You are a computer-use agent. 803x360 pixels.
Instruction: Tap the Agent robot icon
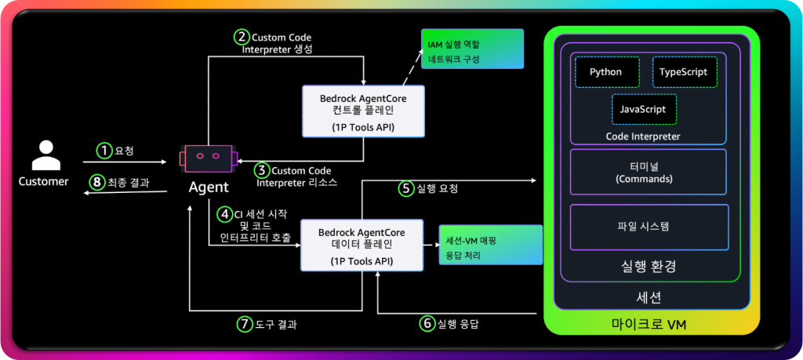coord(207,158)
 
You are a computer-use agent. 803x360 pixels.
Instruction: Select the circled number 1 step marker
coord(104,149)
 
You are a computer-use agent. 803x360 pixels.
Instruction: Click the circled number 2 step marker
coord(242,36)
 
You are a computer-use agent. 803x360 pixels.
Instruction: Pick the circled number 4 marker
coord(224,212)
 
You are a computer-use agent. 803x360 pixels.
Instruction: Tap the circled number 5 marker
coord(405,188)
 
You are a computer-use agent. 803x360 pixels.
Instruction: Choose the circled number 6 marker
coord(427,322)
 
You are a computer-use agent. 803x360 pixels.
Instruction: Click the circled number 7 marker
coord(245,322)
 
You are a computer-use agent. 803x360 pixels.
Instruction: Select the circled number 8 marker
coord(97,182)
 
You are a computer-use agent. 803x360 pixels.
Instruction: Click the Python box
coord(605,72)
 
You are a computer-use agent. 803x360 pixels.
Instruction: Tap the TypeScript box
coord(683,72)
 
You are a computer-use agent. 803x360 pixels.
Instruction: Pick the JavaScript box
coord(643,110)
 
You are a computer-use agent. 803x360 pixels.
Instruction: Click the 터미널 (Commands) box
coord(649,173)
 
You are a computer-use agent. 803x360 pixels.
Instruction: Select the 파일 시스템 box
coord(649,227)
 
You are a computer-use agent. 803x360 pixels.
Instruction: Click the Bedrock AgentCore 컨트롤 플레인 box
coord(364,110)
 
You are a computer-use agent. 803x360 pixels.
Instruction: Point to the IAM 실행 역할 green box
coord(472,49)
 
